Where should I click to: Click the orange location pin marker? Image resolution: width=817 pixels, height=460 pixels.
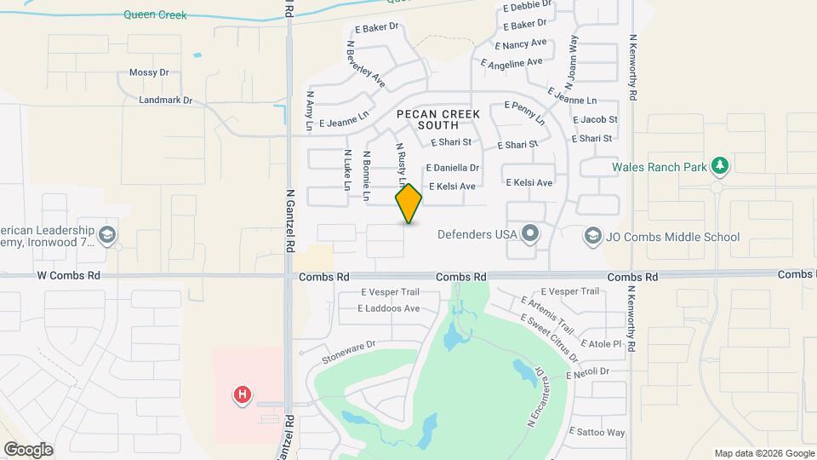coord(408,204)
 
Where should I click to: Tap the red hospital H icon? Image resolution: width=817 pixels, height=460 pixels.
coord(243,394)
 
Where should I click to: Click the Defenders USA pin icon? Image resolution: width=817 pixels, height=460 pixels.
coord(531,233)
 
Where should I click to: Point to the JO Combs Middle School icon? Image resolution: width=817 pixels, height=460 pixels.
coord(593,234)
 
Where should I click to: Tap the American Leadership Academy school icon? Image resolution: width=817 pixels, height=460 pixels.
coord(107,234)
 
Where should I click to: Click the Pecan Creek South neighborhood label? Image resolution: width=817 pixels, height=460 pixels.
coord(437,119)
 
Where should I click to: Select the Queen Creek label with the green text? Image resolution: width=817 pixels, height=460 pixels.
coord(155,14)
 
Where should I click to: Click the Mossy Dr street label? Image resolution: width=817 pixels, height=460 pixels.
coord(149,73)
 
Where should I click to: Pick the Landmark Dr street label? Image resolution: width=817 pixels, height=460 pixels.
coord(165,101)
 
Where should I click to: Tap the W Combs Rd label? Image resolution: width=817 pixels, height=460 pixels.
coord(69,276)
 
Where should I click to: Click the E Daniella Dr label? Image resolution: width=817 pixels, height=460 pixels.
coord(453,168)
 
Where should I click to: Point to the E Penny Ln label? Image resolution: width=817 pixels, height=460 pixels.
coord(524,112)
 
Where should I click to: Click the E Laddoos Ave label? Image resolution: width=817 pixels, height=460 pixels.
coord(389,308)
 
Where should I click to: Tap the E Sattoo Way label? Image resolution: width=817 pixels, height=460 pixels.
coord(597,432)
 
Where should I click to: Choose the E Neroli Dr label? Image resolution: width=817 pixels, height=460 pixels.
coord(588,371)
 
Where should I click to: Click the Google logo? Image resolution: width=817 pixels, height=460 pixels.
coord(27,449)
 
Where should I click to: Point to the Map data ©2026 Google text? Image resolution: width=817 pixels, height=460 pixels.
coord(763,453)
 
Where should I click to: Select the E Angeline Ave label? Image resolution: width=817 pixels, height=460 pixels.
coord(511,63)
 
